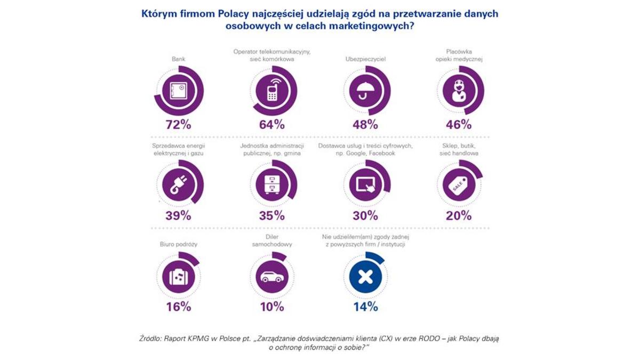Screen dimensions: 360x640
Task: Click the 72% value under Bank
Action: [178, 125]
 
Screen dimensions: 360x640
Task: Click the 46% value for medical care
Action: [458, 125]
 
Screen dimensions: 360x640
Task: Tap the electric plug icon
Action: [178, 183]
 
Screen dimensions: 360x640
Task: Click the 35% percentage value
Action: [271, 215]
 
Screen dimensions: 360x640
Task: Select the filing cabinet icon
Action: [271, 183]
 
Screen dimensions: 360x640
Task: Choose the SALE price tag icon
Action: [458, 183]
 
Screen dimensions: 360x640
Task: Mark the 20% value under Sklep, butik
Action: [458, 215]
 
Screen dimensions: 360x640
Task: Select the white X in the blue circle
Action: [365, 276]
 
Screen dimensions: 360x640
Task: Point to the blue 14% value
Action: [365, 307]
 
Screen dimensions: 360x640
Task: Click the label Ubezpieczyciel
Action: [365, 59]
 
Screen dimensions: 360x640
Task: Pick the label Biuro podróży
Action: [178, 244]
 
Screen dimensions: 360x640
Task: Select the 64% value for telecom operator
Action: [271, 125]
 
